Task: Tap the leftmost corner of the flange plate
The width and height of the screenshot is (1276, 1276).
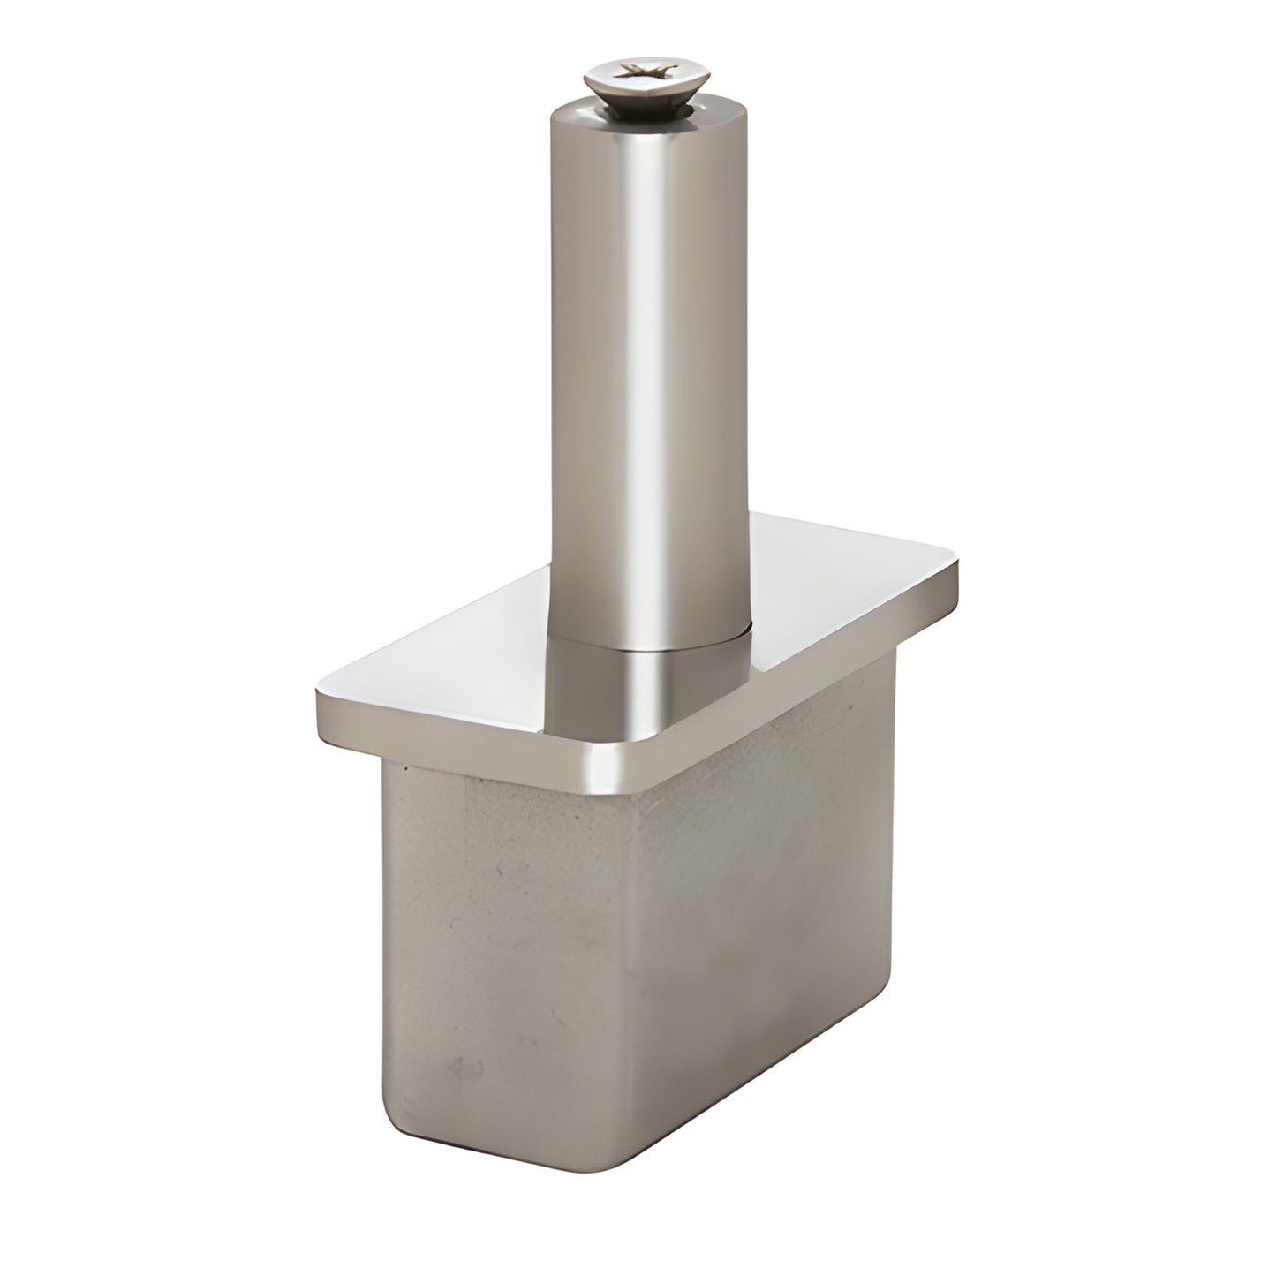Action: (319, 698)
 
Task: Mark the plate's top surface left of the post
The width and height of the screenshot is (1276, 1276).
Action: (459, 671)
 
